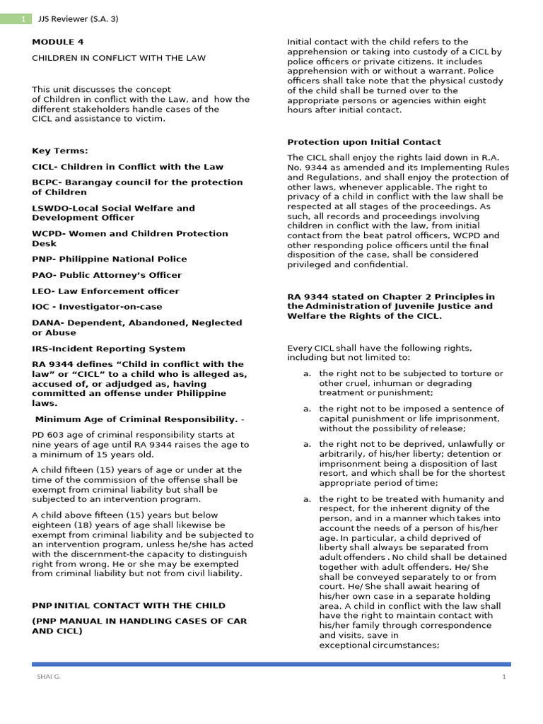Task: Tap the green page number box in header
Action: [16, 19]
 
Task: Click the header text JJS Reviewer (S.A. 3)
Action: [78, 19]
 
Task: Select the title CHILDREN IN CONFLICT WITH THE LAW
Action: [119, 58]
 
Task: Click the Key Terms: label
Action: [60, 151]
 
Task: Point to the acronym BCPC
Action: [45, 182]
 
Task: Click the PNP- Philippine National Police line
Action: [110, 259]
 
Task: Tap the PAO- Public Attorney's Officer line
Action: [107, 275]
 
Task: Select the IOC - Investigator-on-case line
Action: [97, 307]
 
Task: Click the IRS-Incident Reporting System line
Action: [109, 349]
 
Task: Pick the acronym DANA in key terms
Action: [46, 322]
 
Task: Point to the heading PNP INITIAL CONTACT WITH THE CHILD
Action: [129, 606]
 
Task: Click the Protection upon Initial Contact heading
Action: [363, 142]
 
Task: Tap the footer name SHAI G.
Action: [49, 677]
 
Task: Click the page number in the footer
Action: [504, 677]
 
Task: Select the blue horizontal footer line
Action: [271, 664]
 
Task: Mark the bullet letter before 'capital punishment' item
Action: [307, 409]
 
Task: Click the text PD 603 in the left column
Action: [47, 435]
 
